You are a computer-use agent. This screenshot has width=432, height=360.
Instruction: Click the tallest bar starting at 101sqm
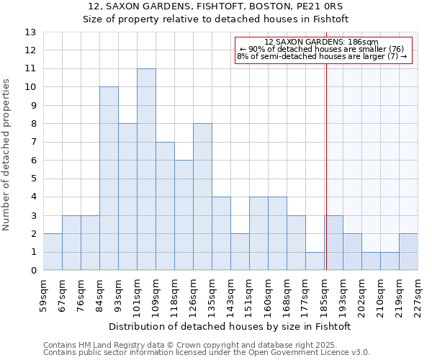146,169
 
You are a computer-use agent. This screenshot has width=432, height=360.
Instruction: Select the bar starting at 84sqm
109,179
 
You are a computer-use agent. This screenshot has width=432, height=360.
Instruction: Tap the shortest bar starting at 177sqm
315,261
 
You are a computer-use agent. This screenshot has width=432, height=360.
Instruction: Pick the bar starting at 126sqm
202,197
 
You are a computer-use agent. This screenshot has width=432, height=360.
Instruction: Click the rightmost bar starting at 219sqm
408,252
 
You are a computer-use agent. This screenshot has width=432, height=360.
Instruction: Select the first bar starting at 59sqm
53,252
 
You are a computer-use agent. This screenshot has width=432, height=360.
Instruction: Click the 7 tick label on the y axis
33,143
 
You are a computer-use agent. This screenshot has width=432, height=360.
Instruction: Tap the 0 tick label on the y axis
33,271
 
